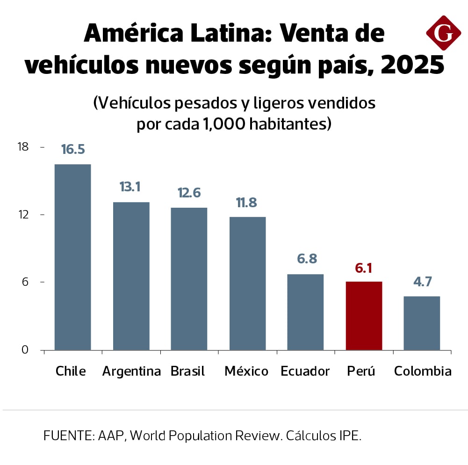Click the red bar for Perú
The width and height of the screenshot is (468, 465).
(364, 316)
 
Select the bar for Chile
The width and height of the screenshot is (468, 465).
(72, 257)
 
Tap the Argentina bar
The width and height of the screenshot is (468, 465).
(131, 276)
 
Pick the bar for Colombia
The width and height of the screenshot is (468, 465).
(422, 323)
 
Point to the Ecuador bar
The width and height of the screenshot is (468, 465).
(305, 312)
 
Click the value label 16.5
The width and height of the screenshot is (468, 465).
(72, 149)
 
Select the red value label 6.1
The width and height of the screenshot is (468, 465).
(364, 268)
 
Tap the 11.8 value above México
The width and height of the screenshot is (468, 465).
(247, 203)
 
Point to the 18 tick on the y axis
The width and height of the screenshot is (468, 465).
(23, 147)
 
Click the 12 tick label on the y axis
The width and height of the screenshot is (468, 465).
(23, 215)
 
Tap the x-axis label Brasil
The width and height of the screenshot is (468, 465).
(187, 371)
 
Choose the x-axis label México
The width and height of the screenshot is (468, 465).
(246, 371)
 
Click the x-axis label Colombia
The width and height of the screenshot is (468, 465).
(423, 371)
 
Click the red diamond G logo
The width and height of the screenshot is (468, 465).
(443, 33)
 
